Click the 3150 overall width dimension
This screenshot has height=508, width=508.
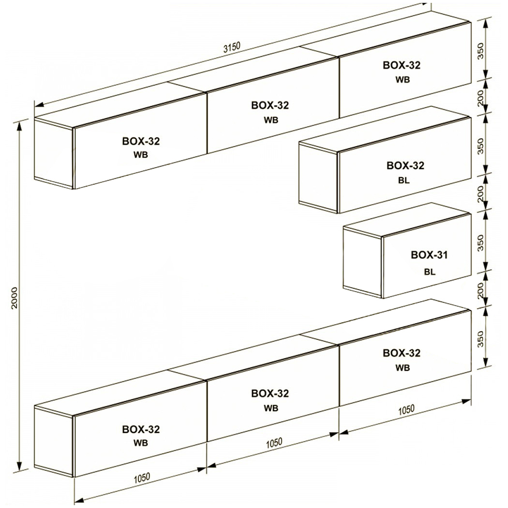click(x=232, y=47)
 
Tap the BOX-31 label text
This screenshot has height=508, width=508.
click(x=429, y=255)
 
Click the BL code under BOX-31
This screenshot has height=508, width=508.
click(x=430, y=272)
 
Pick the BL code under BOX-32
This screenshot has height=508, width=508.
click(x=404, y=180)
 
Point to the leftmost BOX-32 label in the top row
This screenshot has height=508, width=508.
click(x=141, y=141)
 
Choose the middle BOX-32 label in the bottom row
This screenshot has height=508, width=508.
click(x=270, y=393)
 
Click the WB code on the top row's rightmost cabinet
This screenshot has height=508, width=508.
click(x=402, y=79)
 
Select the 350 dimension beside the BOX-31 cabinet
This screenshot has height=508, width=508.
click(x=481, y=243)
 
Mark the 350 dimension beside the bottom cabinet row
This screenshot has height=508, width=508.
click(x=481, y=339)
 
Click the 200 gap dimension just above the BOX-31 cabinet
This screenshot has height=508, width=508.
click(x=481, y=194)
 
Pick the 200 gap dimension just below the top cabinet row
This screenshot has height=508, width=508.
click(x=481, y=98)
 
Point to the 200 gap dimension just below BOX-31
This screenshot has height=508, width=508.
click(x=481, y=290)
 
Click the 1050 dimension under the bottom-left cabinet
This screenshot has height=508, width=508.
click(x=142, y=478)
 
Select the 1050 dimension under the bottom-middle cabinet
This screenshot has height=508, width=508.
click(x=274, y=442)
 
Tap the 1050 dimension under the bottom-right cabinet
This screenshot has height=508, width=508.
click(x=406, y=410)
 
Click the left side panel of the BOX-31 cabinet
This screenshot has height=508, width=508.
click(x=363, y=262)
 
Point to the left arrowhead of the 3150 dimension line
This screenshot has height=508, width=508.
click(x=39, y=104)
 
